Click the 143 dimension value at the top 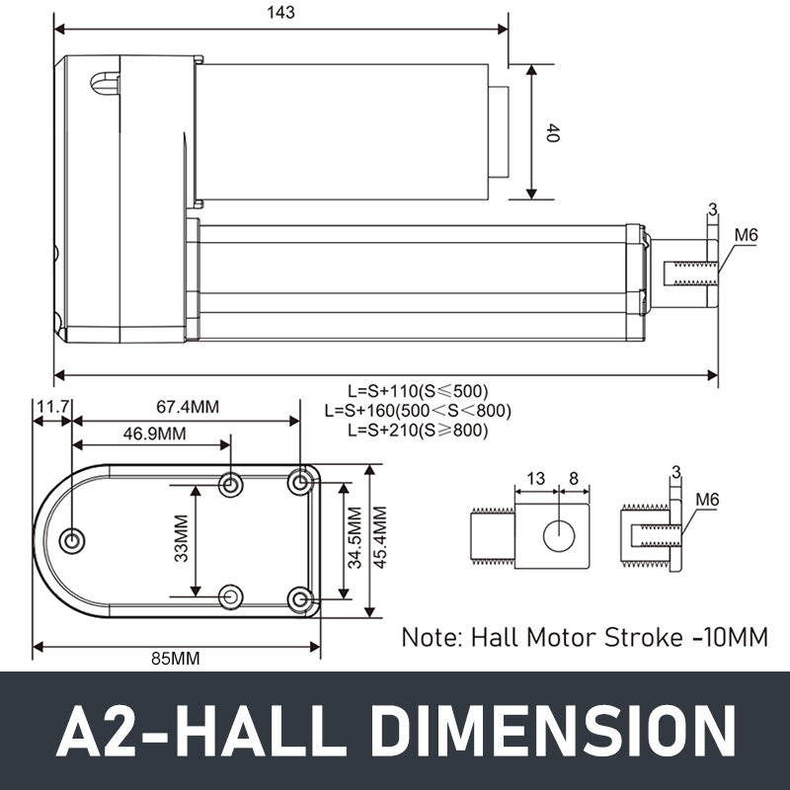click(x=280, y=13)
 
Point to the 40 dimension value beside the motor click(x=551, y=133)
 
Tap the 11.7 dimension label click(x=51, y=406)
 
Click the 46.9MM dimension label click(x=154, y=434)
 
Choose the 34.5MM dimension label click(x=354, y=539)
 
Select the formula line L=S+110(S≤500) click(x=417, y=390)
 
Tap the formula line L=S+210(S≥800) click(x=417, y=430)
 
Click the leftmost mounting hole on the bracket click(x=72, y=541)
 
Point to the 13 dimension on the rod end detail click(x=534, y=479)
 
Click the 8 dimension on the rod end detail click(x=574, y=479)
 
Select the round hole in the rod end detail click(x=559, y=534)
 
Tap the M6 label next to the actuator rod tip click(x=746, y=235)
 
